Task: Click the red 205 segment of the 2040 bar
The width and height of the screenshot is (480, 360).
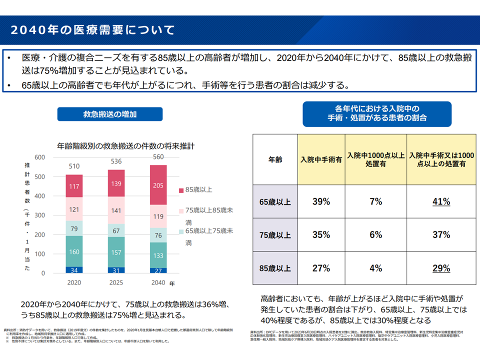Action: pos(158,185)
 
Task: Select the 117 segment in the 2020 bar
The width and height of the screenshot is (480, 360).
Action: pos(74,186)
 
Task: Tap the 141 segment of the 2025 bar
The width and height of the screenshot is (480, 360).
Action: pos(116,210)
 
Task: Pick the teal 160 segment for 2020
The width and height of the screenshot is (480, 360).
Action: pos(74,251)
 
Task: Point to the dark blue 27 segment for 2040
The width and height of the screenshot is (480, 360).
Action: pos(158,270)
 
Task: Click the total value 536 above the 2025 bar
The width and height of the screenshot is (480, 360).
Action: pos(116,161)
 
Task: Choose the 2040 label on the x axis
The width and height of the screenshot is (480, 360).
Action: pos(158,283)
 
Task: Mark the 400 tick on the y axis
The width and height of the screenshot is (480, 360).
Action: pos(40,196)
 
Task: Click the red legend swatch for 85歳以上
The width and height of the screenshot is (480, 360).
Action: pos(181,190)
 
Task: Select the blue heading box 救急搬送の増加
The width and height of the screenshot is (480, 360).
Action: pos(110,114)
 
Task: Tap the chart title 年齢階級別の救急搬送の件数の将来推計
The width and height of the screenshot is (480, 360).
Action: pos(125,146)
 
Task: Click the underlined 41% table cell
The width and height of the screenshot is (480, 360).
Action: pos(441,202)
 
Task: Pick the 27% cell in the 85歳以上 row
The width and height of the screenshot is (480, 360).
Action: pos(321,268)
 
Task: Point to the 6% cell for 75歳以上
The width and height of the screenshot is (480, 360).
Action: pos(376,235)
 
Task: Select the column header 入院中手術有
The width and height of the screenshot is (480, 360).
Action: pos(321,160)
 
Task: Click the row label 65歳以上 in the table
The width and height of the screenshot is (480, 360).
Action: pos(275,202)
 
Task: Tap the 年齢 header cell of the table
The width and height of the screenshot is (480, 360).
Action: pos(275,160)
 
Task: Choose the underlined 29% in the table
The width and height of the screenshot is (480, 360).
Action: pos(441,268)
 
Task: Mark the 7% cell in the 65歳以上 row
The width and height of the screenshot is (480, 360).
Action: pos(376,202)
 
